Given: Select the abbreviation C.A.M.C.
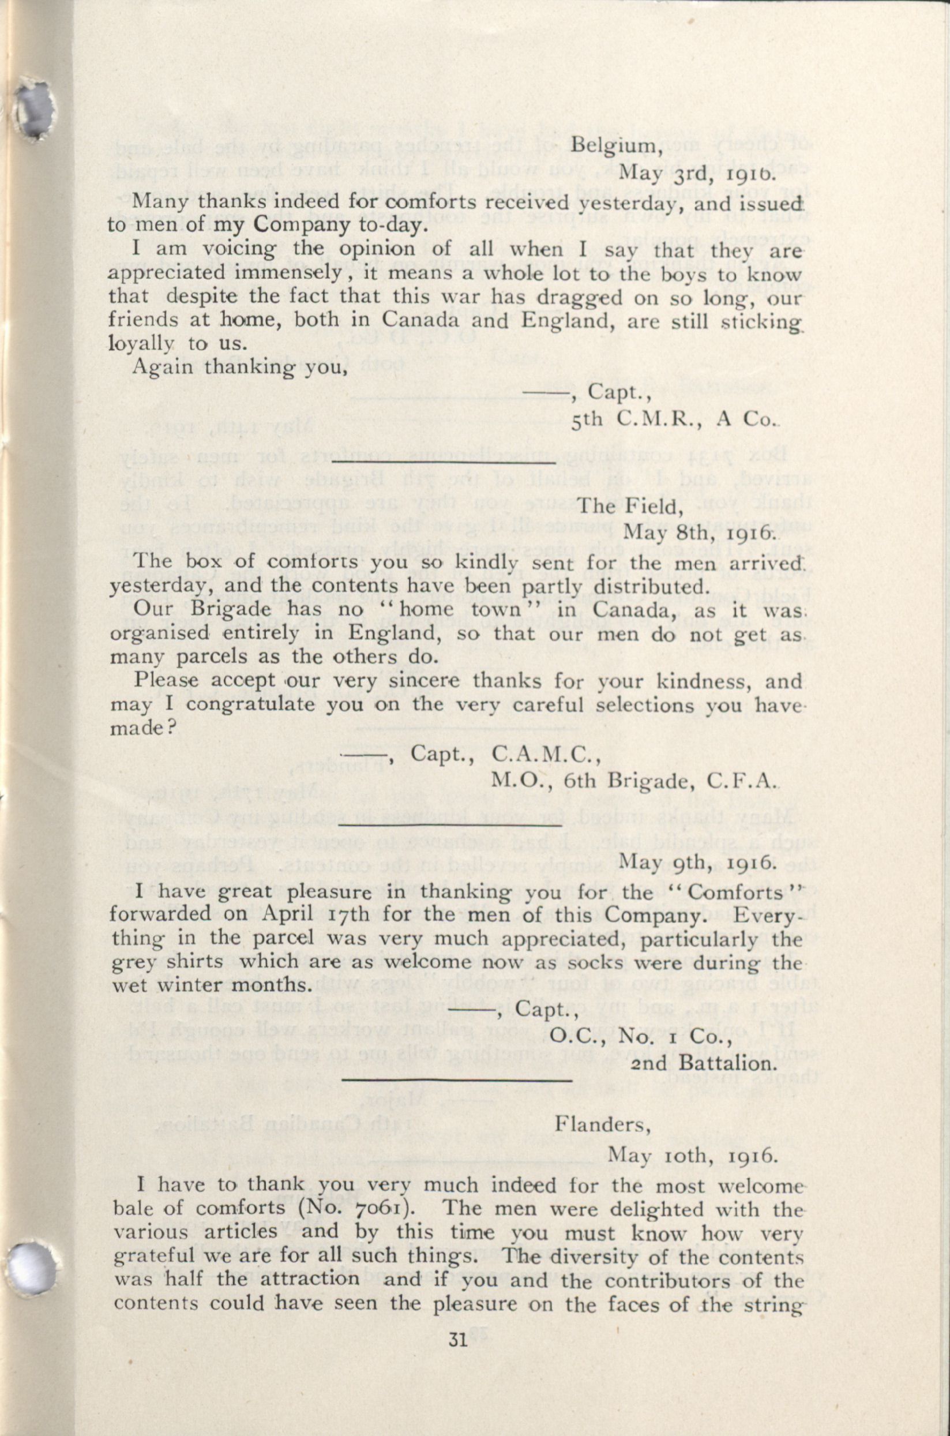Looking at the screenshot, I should [x=545, y=753].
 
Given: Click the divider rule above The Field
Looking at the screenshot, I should [x=444, y=463].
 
